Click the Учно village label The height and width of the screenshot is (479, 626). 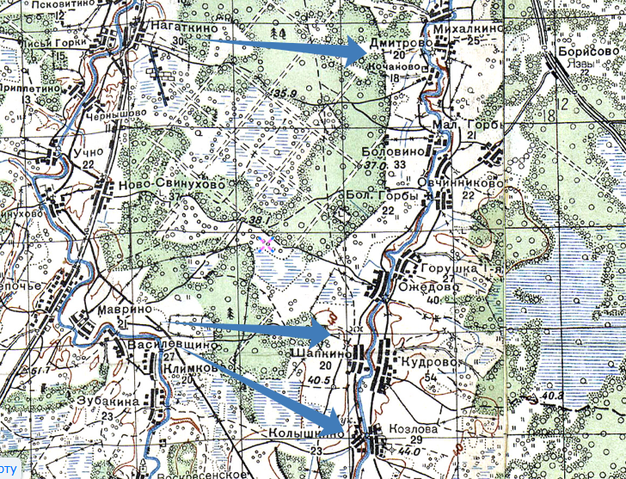89,152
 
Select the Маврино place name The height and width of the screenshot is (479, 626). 131,307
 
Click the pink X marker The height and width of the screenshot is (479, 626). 265,243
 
